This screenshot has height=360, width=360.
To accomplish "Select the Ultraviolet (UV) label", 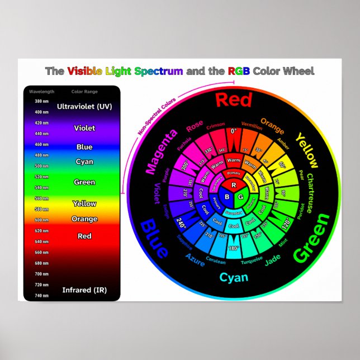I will pos(84,106).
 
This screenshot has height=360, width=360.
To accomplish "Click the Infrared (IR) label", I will pos(84,290).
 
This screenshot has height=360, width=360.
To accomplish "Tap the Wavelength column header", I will pos(42,91).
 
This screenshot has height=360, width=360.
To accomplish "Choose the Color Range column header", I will pos(83,91).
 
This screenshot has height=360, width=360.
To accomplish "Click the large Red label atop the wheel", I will pos(234,100).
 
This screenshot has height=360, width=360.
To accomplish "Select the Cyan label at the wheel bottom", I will pos(234,278).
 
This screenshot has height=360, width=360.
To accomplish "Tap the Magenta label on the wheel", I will pos(162,151).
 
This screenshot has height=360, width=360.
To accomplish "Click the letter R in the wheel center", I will pos(234,185).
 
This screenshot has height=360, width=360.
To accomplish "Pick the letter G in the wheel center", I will pos(241,197).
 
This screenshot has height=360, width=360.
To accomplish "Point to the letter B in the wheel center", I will pos(226,197).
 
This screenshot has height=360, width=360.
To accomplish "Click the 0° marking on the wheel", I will pos(234,131).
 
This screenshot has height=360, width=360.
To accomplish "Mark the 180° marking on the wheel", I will pos(234,248).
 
